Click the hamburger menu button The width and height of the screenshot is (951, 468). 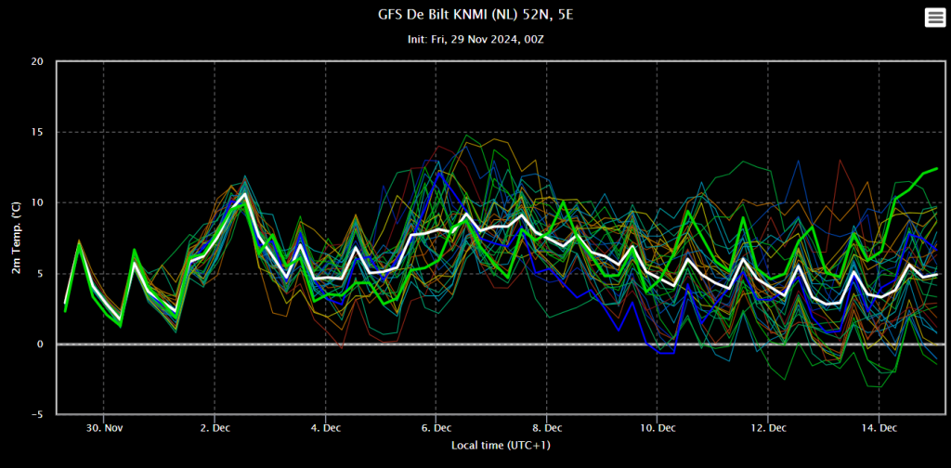(934, 18)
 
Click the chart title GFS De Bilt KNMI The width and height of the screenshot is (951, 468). (475, 15)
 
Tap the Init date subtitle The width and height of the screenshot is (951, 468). (475, 39)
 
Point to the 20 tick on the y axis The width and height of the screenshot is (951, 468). (36, 61)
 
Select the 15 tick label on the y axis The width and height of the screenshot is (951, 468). (36, 132)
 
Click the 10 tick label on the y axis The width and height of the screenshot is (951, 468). (36, 202)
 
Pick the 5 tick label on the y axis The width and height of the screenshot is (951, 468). (39, 273)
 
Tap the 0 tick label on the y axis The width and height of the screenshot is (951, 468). (39, 344)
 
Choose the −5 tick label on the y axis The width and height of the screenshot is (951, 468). (35, 414)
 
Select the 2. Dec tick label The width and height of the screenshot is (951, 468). (215, 427)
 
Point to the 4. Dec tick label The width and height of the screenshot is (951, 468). (325, 427)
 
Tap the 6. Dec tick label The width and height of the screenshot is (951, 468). (436, 427)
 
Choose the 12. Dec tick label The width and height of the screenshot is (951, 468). (768, 427)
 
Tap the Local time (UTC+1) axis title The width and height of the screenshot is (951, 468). (502, 446)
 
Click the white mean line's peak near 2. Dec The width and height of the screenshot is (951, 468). (243, 194)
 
